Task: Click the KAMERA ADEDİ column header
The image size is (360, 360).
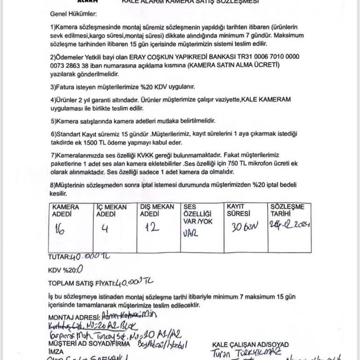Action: click(x=66, y=210)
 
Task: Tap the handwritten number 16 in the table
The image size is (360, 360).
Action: click(x=60, y=229)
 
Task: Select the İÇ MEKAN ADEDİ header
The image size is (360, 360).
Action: click(x=111, y=210)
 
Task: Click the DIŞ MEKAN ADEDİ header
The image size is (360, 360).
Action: click(x=157, y=210)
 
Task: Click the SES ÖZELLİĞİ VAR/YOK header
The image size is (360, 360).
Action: click(x=197, y=214)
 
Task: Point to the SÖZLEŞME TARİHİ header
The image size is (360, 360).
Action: click(x=287, y=210)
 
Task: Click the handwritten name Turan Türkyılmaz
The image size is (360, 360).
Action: click(x=245, y=353)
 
